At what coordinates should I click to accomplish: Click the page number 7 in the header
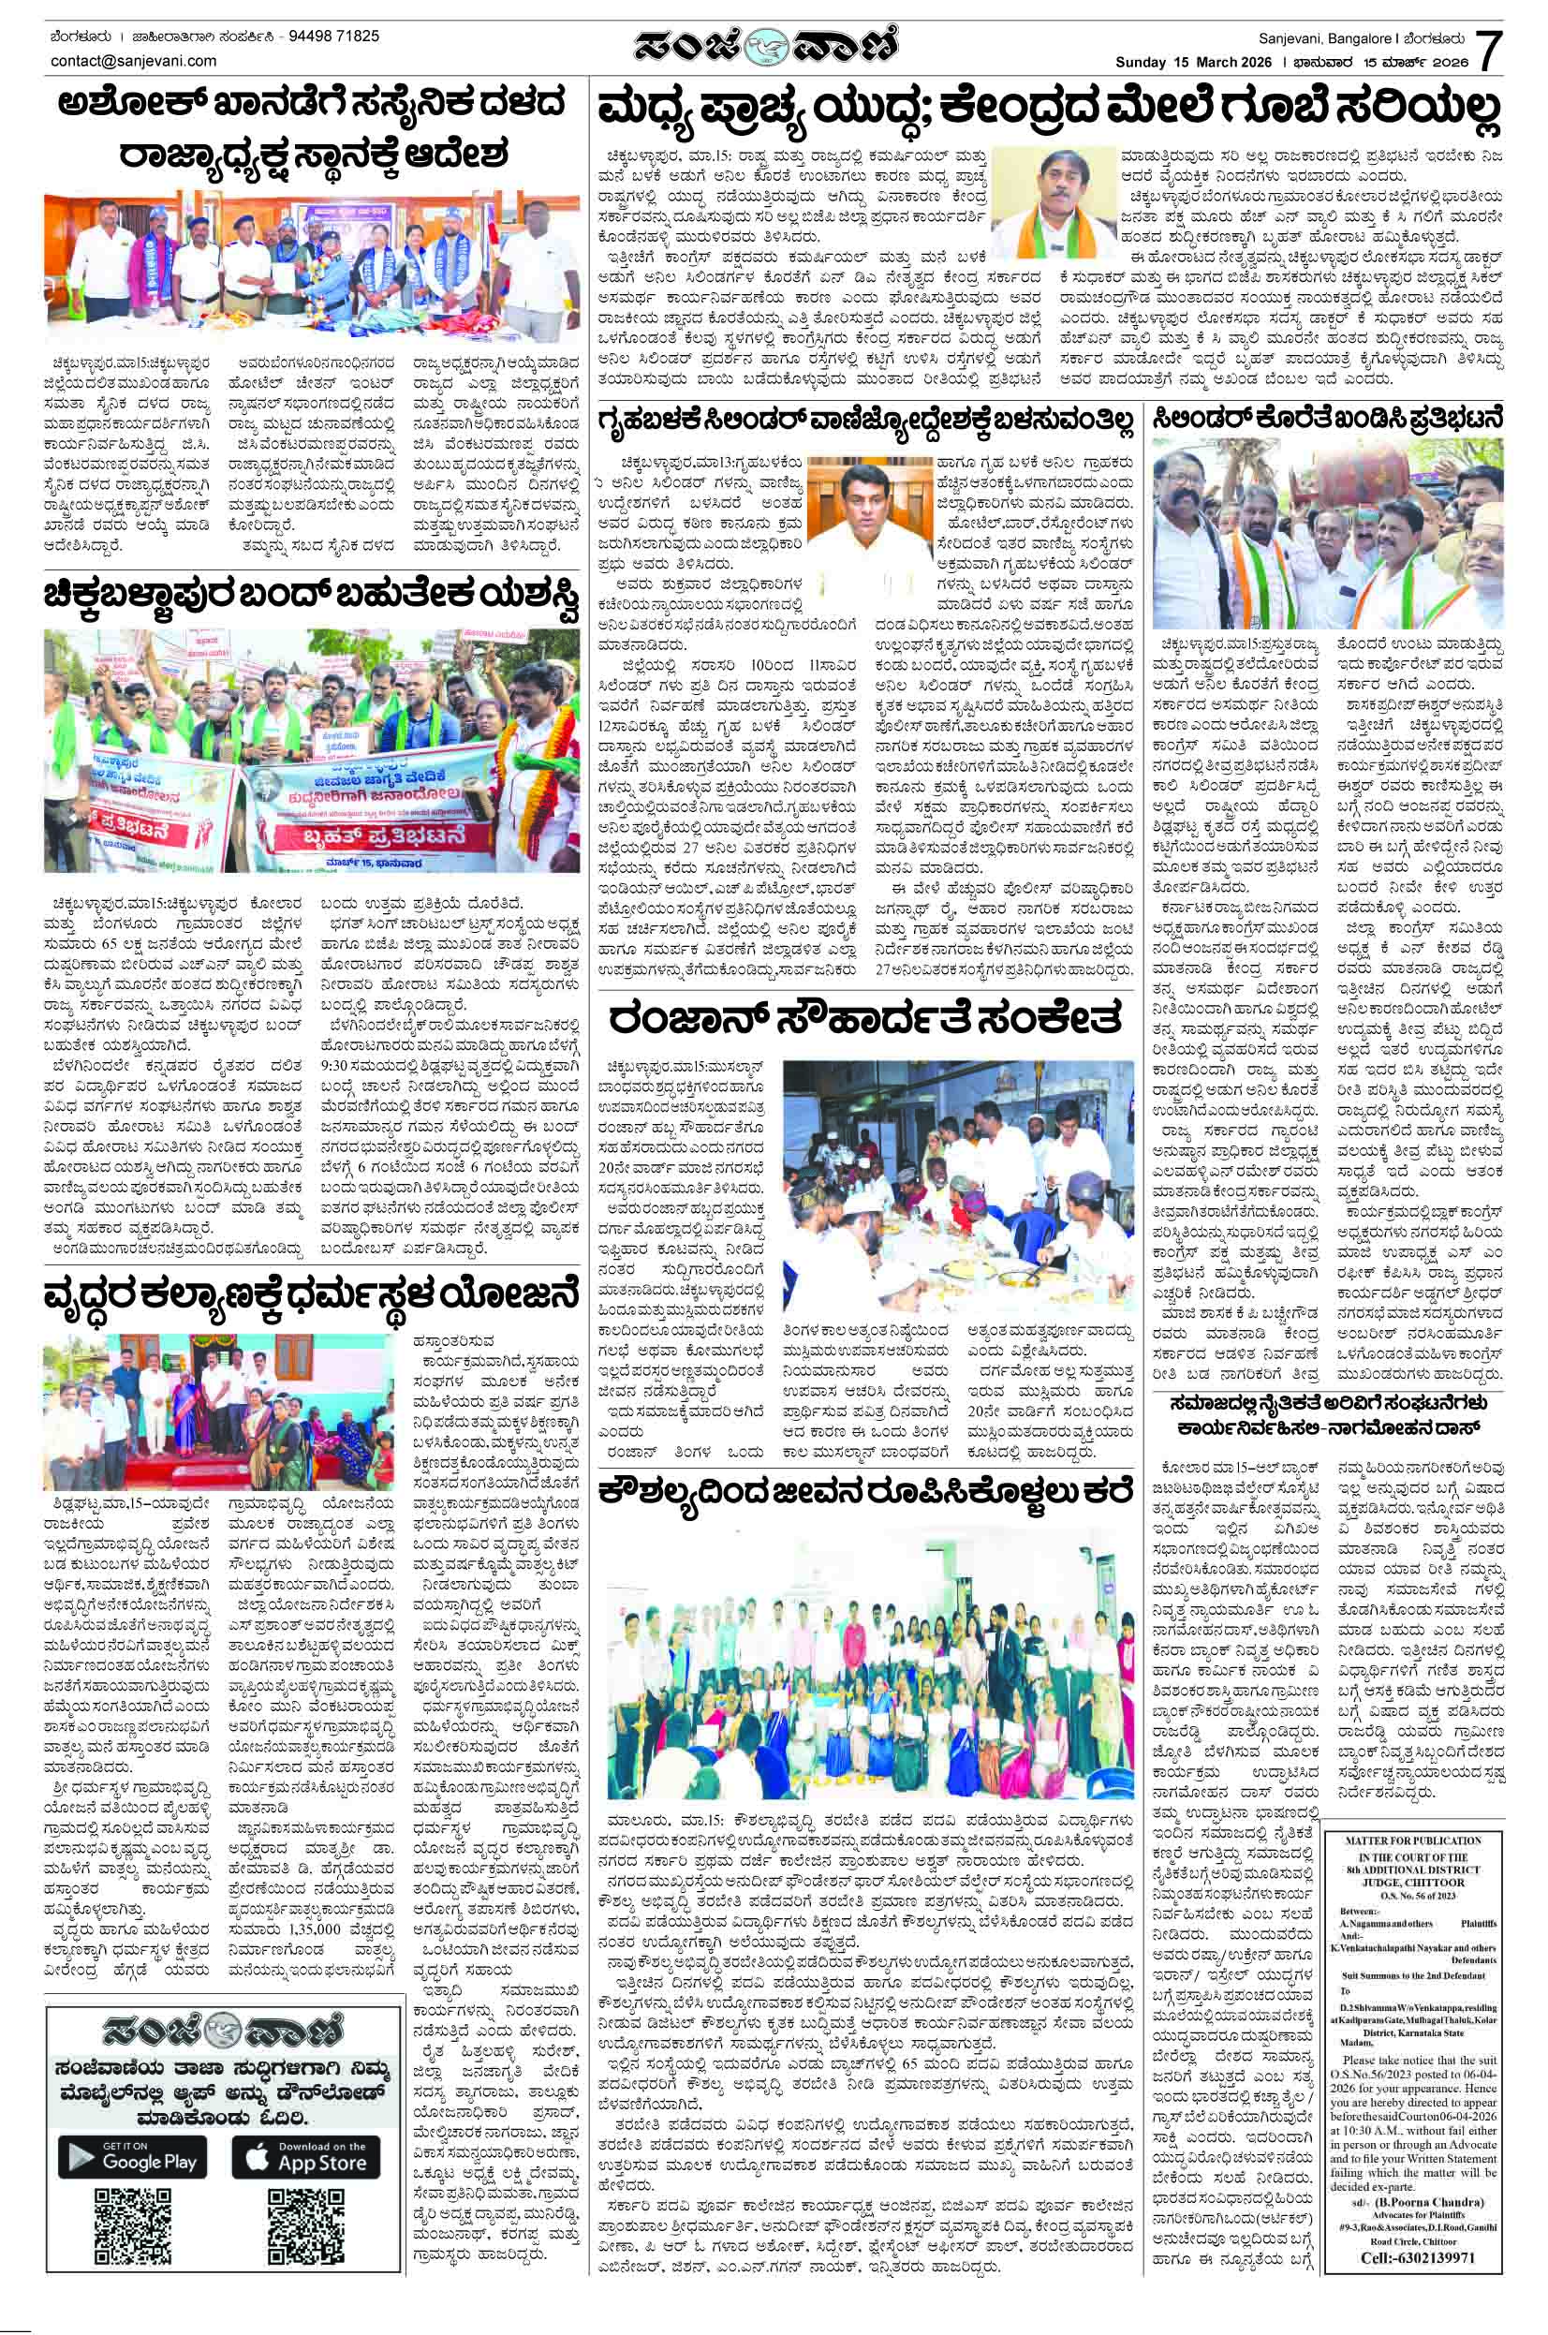pos(1489,49)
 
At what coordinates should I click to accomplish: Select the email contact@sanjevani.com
pos(133,61)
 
